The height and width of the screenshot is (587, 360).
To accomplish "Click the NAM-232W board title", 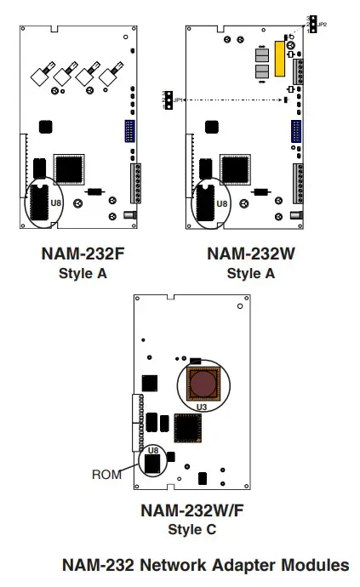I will [x=248, y=254].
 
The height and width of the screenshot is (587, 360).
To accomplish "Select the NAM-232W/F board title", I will [x=180, y=512].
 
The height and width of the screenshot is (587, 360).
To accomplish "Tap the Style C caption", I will [x=180, y=529].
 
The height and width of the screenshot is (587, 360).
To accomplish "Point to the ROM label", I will [x=106, y=475].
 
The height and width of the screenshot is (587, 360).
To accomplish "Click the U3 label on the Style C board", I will [x=202, y=407].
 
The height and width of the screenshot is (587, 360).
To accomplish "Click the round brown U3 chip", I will [x=203, y=384].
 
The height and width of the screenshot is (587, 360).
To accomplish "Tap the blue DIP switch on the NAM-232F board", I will [x=129, y=132].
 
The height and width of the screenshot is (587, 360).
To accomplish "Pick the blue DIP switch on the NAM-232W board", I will [x=295, y=132].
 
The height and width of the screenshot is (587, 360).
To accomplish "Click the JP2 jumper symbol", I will [x=312, y=24].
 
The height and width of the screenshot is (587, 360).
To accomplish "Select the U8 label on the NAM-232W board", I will [x=221, y=203].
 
